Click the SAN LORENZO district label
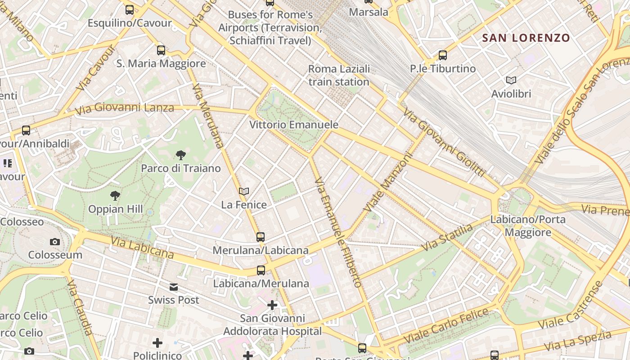[526, 38]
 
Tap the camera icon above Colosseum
[55, 242]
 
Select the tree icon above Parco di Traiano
[181, 156]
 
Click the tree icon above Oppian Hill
[115, 196]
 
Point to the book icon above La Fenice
[244, 192]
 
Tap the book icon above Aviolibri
[511, 81]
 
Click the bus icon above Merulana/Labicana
[261, 237]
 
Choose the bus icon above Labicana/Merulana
[261, 270]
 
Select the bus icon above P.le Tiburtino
[443, 55]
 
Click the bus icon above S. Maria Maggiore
[161, 50]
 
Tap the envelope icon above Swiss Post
[174, 287]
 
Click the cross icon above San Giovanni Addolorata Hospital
[272, 306]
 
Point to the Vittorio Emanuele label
[294, 125]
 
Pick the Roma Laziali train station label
[339, 75]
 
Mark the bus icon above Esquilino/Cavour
[130, 9]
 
